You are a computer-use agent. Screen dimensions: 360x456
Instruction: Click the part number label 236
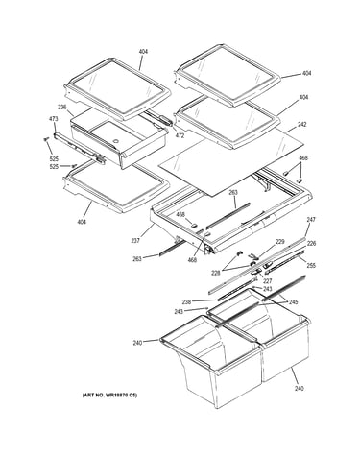(61, 107)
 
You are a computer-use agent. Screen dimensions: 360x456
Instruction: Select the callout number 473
(53, 119)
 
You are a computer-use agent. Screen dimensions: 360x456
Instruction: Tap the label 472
(180, 135)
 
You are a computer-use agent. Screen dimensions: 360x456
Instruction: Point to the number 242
(301, 124)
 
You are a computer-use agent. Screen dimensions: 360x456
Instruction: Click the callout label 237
(135, 241)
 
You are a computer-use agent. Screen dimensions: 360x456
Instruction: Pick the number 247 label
(311, 220)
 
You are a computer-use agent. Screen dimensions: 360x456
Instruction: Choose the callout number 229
(280, 242)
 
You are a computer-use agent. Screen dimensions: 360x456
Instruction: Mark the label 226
(311, 244)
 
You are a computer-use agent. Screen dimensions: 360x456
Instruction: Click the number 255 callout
(311, 266)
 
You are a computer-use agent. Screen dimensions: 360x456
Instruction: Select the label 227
(267, 281)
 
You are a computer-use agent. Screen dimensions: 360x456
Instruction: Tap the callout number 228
(216, 273)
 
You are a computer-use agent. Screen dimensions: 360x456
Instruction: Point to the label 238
(186, 301)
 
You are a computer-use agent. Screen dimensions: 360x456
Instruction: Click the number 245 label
(293, 301)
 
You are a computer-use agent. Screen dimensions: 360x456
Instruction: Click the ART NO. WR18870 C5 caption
(109, 396)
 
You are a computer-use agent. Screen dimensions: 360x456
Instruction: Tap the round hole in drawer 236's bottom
(115, 140)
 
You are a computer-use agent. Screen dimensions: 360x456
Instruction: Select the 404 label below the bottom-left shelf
(82, 222)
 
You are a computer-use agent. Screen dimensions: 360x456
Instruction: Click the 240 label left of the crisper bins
(137, 343)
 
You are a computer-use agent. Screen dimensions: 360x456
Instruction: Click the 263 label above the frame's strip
(233, 192)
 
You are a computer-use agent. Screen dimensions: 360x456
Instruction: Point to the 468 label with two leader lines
(303, 157)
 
